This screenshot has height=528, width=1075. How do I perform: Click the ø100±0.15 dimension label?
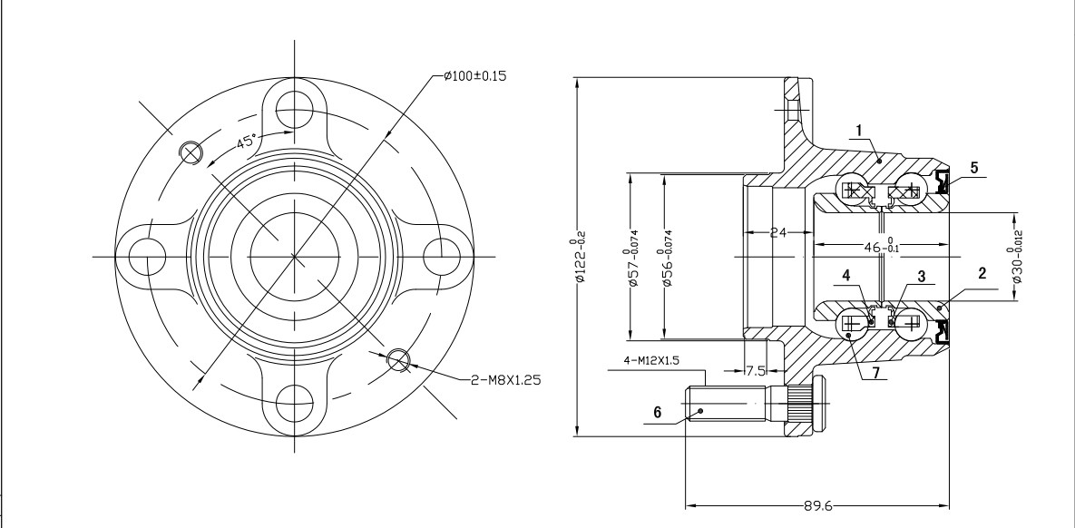click(475, 75)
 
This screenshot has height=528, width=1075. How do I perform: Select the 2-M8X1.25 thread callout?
click(505, 380)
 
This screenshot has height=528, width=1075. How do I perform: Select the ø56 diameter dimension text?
click(669, 269)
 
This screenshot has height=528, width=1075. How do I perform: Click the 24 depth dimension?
click(778, 232)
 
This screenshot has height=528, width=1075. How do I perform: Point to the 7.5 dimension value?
click(756, 371)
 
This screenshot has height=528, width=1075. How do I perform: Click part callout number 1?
click(855, 131)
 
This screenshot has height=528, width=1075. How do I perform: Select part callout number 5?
click(973, 167)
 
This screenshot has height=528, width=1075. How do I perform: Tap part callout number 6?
click(659, 411)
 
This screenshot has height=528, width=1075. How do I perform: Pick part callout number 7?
click(875, 373)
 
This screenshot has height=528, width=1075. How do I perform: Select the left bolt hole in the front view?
click(142, 256)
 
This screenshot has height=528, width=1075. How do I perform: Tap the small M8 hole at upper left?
click(191, 152)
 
